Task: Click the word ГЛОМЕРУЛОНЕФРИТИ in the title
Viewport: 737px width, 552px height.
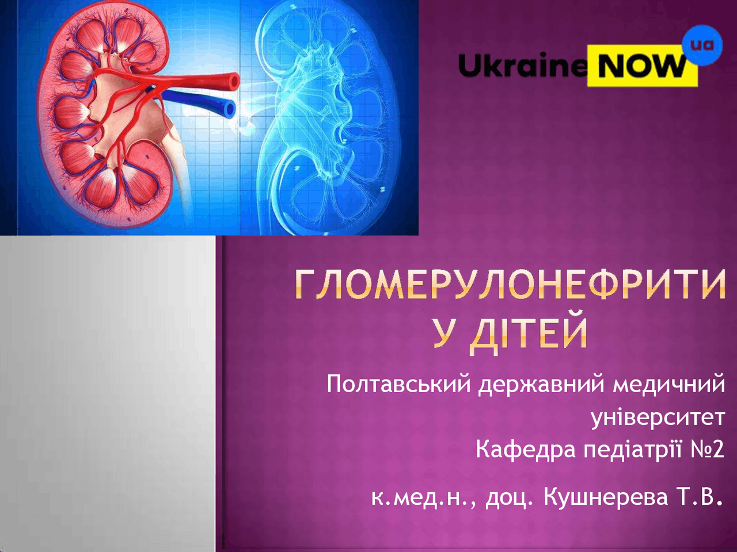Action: (x=510, y=285)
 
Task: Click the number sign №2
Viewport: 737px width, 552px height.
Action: (x=708, y=450)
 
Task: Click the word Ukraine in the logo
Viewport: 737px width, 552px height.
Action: (x=523, y=66)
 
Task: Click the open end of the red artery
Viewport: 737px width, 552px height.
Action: (x=233, y=82)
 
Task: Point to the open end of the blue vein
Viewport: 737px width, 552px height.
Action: (x=230, y=109)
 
